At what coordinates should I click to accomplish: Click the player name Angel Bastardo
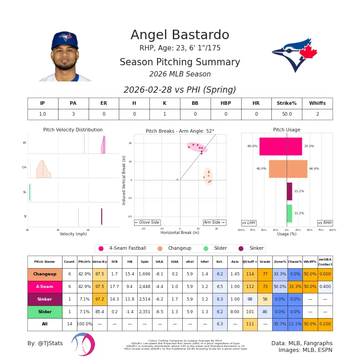pyautogui.click(x=180, y=35)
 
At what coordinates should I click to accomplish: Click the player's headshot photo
pyautogui.click(x=65, y=56)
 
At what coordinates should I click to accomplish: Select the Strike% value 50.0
pyautogui.click(x=287, y=114)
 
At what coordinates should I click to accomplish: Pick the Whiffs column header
pyautogui.click(x=317, y=103)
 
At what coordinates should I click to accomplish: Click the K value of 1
pyautogui.click(x=165, y=114)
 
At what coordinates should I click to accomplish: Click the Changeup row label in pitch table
pyautogui.click(x=45, y=274)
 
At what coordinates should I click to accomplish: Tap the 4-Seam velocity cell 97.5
pyautogui.click(x=99, y=287)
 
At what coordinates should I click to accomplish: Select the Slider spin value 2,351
pyautogui.click(x=144, y=312)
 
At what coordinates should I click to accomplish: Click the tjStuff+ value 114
pyautogui.click(x=250, y=274)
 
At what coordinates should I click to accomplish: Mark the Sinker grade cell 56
pyautogui.click(x=265, y=299)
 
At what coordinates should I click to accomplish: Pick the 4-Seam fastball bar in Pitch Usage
pyautogui.click(x=280, y=146)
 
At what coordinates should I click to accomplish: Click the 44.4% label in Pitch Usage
pyautogui.click(x=314, y=169)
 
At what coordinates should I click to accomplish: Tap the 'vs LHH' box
pyautogui.click(x=249, y=223)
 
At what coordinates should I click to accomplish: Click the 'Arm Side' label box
pyautogui.click(x=214, y=222)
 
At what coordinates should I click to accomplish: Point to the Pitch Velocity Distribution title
pyautogui.click(x=73, y=130)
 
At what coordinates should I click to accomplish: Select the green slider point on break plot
pyautogui.click(x=177, y=179)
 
